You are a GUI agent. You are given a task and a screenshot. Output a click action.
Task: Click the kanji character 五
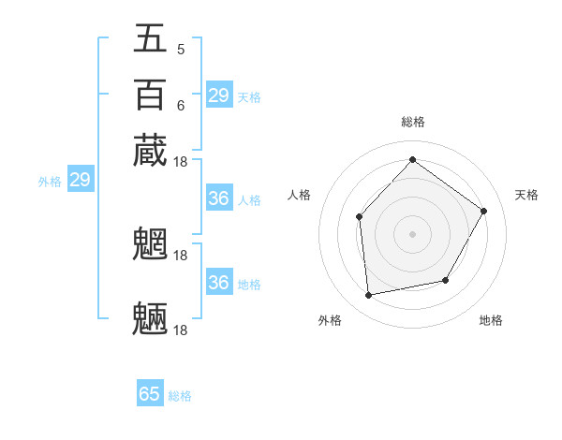tap(150, 38)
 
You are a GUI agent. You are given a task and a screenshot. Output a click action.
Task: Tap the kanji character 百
tap(150, 95)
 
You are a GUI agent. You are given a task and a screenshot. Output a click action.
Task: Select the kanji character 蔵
tap(150, 150)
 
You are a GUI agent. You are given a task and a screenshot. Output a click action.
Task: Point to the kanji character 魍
tap(150, 244)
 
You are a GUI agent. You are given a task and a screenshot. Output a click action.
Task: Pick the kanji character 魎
tap(150, 318)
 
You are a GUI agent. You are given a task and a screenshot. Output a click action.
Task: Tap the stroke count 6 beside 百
tap(180, 106)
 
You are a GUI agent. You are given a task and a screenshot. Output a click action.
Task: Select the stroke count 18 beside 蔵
tap(181, 162)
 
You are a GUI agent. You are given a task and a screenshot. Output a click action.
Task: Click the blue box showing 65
tap(150, 394)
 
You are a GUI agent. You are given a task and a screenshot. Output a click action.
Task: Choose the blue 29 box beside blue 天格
tap(218, 95)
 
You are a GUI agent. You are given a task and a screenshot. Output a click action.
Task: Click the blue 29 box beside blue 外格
tap(80, 181)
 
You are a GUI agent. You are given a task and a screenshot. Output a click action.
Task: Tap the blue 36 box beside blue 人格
tap(218, 198)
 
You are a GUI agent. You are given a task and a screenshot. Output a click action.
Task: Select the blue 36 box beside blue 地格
tap(218, 283)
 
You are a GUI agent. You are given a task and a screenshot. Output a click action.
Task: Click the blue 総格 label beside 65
tap(180, 396)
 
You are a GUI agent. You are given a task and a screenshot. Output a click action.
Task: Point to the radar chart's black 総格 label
tap(412, 122)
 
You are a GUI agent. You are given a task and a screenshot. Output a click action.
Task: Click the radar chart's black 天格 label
tap(526, 195)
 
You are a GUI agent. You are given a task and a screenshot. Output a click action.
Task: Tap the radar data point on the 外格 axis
tap(369, 296)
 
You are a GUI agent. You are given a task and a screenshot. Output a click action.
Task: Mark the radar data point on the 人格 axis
tap(360, 217)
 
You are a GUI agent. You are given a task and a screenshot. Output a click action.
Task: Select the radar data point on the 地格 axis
tap(446, 280)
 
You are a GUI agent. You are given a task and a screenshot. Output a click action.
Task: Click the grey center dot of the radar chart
tap(412, 234)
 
